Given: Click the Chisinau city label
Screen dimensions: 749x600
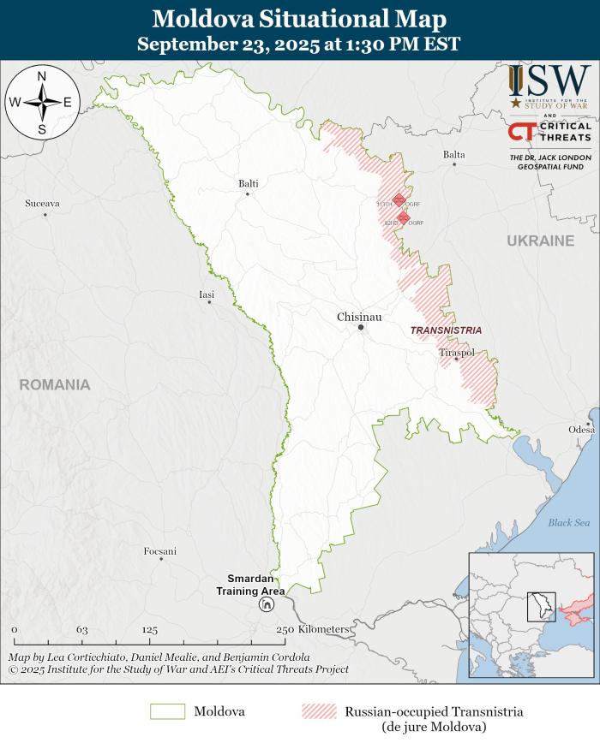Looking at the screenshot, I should [x=359, y=317].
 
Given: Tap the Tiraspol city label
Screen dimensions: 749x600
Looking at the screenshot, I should [x=456, y=353].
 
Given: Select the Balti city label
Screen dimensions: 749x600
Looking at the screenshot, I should [x=249, y=183].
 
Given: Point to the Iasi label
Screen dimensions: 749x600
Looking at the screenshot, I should [x=207, y=294].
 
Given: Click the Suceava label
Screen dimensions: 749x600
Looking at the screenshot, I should [x=42, y=204].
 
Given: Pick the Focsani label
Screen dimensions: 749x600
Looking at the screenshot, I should [x=160, y=551].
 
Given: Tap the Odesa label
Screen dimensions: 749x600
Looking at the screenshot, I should [x=580, y=429].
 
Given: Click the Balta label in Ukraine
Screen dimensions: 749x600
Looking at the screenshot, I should [x=454, y=155].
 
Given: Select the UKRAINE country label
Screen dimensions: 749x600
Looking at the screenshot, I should [x=540, y=241].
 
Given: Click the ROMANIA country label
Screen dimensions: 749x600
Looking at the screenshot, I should [x=55, y=385].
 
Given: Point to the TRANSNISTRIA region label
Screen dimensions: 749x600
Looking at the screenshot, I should [x=446, y=330].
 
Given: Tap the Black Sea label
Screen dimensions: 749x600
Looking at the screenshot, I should [x=569, y=522].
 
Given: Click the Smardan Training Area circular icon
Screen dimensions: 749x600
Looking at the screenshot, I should [x=267, y=604].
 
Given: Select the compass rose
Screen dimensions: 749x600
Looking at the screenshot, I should [x=42, y=102].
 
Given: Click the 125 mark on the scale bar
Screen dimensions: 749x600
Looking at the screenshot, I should [x=150, y=629].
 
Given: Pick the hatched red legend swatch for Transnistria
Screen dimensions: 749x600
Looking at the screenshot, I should [x=319, y=711].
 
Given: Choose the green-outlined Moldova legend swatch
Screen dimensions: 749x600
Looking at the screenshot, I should [x=167, y=711].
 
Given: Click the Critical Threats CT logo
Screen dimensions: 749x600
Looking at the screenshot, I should [x=522, y=131].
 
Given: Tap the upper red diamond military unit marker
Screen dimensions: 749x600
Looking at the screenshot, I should [x=399, y=200].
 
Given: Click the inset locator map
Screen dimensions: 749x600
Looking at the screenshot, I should [x=531, y=615].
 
